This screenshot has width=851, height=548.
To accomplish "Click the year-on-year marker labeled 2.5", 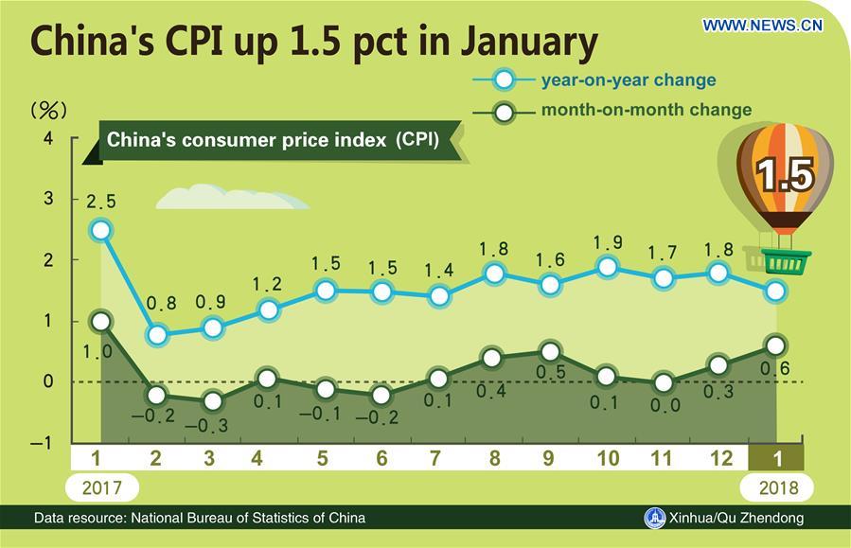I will (x=101, y=230).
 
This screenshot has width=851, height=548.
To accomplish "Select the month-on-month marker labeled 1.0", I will (x=101, y=322).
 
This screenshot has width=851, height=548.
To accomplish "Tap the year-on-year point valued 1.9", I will (x=608, y=267).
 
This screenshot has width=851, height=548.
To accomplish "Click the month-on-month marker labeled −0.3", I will (x=212, y=401).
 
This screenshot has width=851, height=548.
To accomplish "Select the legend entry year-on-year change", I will (x=628, y=80).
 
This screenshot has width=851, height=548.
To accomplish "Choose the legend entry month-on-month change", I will (x=646, y=110).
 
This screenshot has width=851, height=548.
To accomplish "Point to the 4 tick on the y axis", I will (x=48, y=139).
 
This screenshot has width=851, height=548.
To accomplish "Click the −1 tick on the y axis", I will (x=42, y=442).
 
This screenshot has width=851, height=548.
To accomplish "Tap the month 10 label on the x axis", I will (x=608, y=459).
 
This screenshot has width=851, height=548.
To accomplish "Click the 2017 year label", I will (x=101, y=487).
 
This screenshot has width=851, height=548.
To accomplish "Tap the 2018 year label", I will (x=776, y=487).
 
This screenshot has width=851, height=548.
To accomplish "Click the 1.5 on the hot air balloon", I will (x=785, y=175).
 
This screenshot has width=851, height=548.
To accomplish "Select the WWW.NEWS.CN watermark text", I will (x=763, y=26).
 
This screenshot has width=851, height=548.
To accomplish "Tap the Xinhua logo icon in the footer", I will (x=655, y=518).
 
